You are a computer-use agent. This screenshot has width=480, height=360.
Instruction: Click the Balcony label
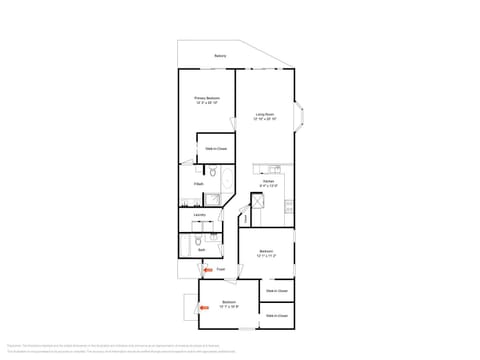point(220,56)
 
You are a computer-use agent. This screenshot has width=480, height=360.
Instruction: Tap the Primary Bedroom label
point(207,98)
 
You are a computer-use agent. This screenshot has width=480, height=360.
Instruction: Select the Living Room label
point(265,114)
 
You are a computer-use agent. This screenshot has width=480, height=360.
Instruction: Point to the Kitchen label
point(268,181)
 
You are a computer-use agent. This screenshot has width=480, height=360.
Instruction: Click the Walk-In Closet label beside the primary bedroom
point(216,148)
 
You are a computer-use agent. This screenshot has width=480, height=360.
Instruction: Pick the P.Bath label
point(200,184)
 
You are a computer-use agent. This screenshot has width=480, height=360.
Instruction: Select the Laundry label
point(200,214)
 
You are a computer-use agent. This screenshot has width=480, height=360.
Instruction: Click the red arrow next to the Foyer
point(207,269)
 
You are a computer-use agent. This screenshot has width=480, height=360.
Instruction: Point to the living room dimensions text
point(265,118)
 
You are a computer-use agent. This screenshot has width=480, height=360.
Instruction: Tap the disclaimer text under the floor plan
point(240,347)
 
